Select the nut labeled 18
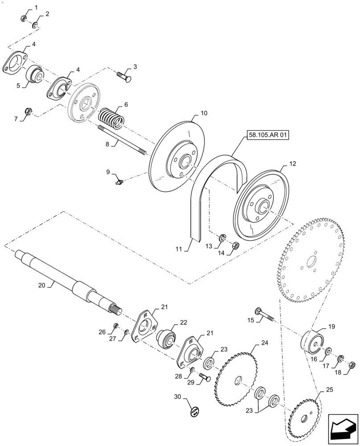351,365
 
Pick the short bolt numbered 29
205,377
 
